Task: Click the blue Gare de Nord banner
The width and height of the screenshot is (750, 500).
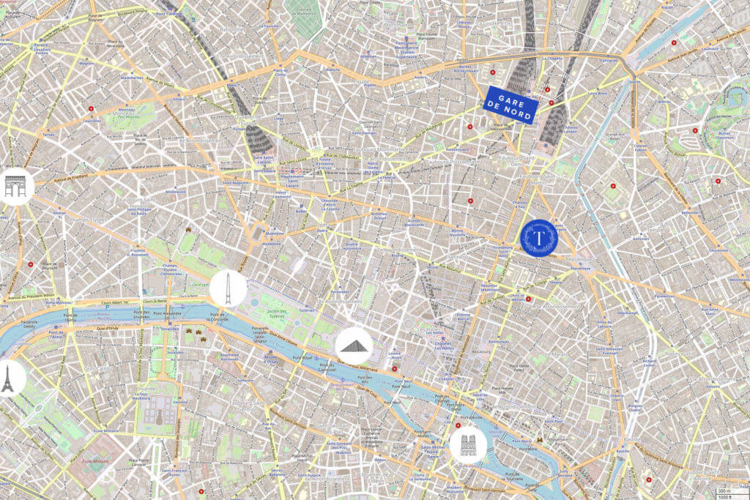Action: point(512,105)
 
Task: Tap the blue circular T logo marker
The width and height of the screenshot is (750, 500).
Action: point(539,238)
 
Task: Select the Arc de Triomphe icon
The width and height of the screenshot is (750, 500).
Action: point(15,186)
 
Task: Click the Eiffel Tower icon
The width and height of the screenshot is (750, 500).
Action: point(9,378)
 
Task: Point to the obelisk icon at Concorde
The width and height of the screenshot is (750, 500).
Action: point(228,288)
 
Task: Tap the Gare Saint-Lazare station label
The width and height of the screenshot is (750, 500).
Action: point(262,159)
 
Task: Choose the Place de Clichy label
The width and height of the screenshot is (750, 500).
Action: point(278,72)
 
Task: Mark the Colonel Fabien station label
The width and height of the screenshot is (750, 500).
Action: point(640,148)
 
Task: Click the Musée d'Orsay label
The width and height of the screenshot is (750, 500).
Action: point(270,357)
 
